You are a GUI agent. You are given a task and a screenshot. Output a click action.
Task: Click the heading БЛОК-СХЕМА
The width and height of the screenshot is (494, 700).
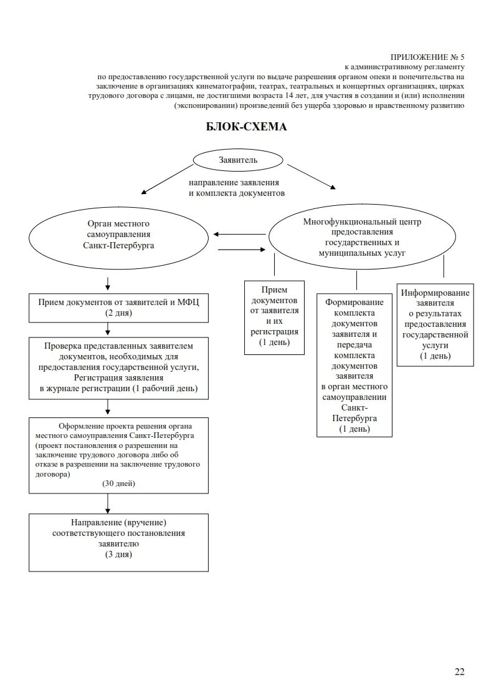(x=246, y=127)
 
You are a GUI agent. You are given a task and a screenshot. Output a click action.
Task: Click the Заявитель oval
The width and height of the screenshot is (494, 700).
(x=237, y=160)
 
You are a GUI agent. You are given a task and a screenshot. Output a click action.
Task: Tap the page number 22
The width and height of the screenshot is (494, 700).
(x=459, y=671)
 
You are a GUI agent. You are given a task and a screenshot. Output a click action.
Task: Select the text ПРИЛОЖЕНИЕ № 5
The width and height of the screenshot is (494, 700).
(x=427, y=57)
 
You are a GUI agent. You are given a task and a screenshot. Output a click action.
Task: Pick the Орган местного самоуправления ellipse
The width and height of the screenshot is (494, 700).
(x=118, y=235)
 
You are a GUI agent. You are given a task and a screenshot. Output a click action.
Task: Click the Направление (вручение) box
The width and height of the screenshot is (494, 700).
(x=119, y=542)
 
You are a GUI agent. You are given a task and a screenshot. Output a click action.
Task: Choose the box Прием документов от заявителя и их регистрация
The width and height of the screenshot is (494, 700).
(x=274, y=317)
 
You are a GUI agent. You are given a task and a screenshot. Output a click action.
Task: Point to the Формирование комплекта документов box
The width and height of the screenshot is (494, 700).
(x=354, y=364)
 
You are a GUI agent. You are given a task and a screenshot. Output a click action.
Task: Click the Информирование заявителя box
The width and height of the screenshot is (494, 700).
(x=435, y=324)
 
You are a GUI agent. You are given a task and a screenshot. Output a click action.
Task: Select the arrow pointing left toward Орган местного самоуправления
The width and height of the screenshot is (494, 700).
(x=239, y=235)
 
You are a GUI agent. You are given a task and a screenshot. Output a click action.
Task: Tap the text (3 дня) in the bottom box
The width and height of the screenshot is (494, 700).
(x=118, y=555)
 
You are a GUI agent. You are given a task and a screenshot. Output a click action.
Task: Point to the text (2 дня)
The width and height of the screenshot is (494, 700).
(x=118, y=313)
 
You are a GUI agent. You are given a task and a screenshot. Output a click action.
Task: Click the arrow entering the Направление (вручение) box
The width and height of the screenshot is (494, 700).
(x=108, y=503)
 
